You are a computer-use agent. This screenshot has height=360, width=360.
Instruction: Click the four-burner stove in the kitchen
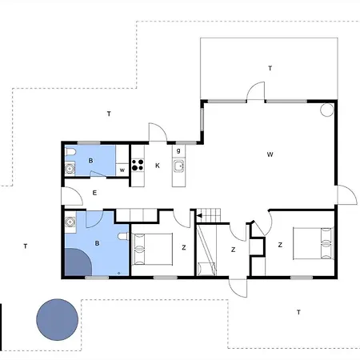click(138, 165)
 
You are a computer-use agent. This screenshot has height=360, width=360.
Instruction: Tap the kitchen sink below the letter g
click(178, 166)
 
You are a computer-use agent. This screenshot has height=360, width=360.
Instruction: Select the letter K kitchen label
click(158, 166)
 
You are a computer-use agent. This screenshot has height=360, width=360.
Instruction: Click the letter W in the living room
click(270, 154)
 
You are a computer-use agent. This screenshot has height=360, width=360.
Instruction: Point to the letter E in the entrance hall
click(94, 193)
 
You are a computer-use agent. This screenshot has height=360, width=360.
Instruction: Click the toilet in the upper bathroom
click(70, 152)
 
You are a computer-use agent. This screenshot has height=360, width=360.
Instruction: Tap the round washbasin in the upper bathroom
click(70, 169)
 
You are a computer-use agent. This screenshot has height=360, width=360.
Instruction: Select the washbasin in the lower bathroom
click(70, 222)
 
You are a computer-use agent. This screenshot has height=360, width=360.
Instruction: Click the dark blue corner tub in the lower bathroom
click(78, 262)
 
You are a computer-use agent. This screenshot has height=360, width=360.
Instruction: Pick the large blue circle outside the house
click(57, 319)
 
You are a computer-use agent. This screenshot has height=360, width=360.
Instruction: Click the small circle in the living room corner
click(326, 110)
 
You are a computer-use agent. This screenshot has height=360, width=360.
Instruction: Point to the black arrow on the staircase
click(199, 215)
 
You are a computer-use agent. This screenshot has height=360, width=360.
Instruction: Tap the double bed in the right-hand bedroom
click(314, 243)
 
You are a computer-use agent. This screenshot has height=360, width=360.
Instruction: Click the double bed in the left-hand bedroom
click(152, 249)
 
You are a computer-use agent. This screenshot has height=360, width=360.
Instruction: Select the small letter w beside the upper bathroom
click(122, 170)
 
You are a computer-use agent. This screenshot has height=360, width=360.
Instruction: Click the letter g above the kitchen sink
click(178, 150)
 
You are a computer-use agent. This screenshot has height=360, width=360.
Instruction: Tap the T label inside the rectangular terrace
click(270, 68)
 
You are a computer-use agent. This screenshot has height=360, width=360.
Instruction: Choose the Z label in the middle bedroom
click(234, 250)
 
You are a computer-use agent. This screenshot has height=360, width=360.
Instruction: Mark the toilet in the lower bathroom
click(123, 236)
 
